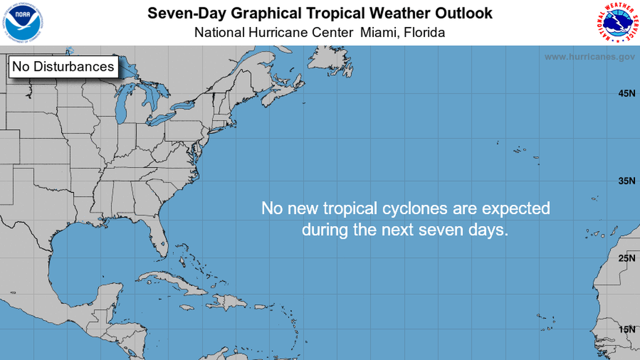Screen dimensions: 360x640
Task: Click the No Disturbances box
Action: point(63,66)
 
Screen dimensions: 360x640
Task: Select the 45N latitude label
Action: point(627,93)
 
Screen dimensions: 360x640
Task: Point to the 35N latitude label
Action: point(627,181)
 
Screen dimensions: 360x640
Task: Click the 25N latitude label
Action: point(627,259)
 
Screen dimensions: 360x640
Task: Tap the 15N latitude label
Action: point(627,330)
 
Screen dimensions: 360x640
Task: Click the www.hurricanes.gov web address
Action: point(589,57)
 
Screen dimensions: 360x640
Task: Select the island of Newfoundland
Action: point(332,62)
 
